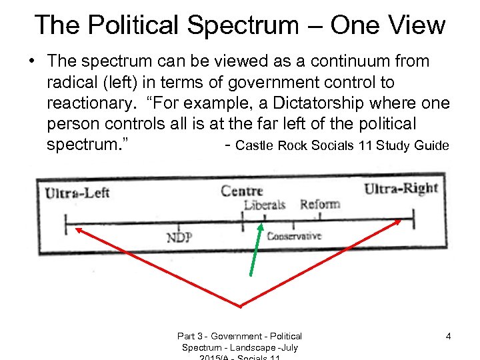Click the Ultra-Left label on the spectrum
[x=77, y=193]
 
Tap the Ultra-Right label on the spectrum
[x=401, y=189]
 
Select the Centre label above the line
[x=242, y=191]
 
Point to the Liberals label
[x=265, y=205]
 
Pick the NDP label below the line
[x=180, y=238]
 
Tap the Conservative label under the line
[x=294, y=236]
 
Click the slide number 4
[x=448, y=336]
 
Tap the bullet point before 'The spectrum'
[x=32, y=61]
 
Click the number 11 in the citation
[x=365, y=146]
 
